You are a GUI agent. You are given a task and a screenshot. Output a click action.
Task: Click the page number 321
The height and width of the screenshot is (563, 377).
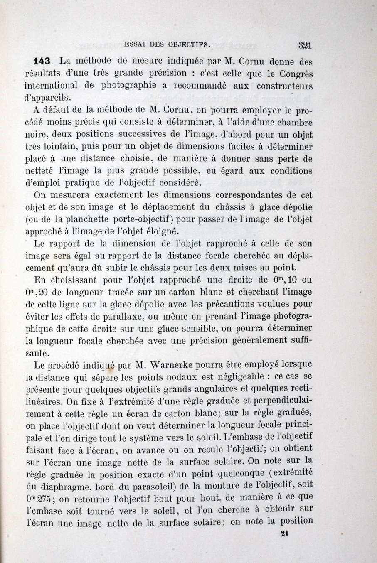point(305,45)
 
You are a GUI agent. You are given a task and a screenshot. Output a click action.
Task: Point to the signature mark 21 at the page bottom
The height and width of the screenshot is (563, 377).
point(285,536)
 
